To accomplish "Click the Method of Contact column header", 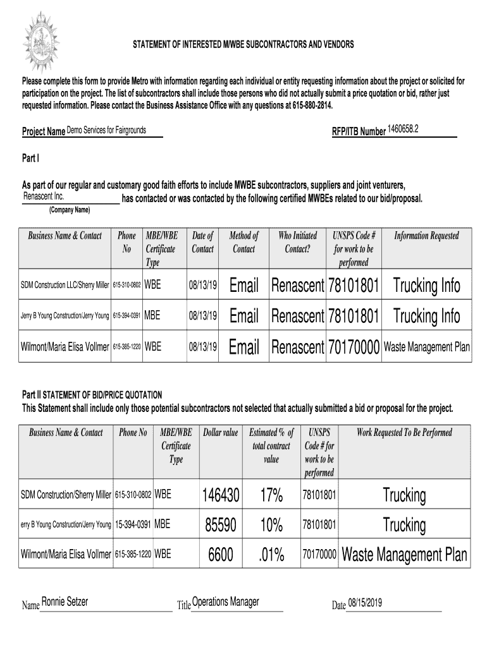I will (x=244, y=243).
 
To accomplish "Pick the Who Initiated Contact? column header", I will (x=297, y=243).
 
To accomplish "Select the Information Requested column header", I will (x=426, y=236).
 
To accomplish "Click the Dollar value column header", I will (x=220, y=433).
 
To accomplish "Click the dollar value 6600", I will (x=221, y=555).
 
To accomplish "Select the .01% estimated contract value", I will (x=271, y=555).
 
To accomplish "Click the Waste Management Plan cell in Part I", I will (x=427, y=347).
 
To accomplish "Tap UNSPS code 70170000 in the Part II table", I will (x=319, y=555).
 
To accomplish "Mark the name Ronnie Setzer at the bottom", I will (x=65, y=602).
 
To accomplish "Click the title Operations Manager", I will (x=225, y=602).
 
